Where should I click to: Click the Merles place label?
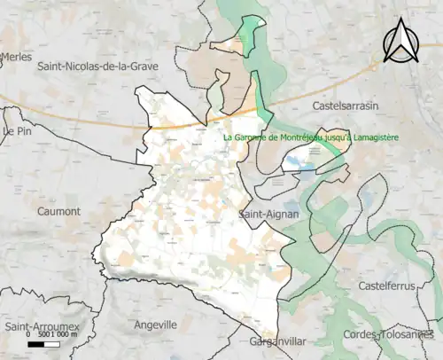coord(17,56)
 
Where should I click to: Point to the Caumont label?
coord(59,212)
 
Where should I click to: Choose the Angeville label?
coord(156,325)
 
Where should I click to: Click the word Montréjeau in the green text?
coord(300,137)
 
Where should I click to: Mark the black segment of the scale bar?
coord(36,343)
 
